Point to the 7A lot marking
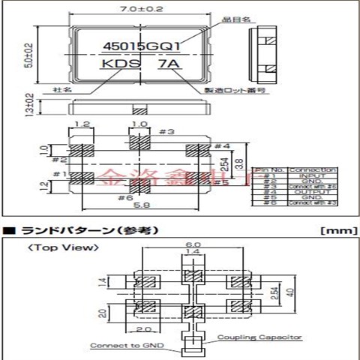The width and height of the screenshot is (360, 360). [167, 65]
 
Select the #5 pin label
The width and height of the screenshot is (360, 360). [222, 181]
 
